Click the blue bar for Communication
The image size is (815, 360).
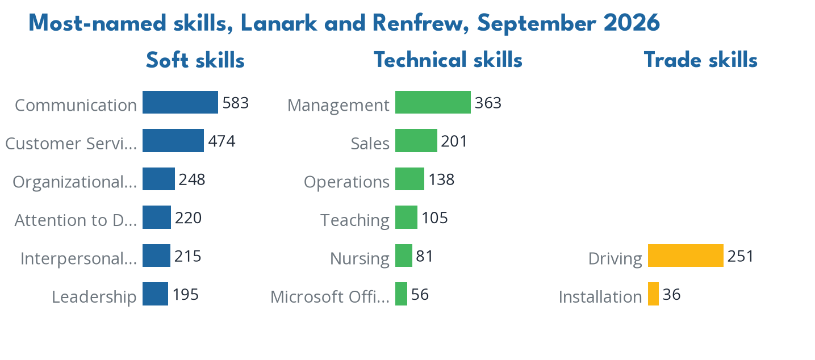coord(180,102)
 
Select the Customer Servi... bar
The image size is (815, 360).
coord(173,140)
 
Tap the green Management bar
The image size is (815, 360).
coord(433,102)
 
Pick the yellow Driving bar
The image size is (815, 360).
coord(686,256)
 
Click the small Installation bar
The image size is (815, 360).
coord(654,294)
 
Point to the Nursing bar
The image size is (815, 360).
coord(404,256)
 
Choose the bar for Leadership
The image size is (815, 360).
coord(156,294)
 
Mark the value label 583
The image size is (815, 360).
coord(235,103)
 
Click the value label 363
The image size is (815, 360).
coord(488,103)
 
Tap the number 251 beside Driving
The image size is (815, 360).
coord(741,256)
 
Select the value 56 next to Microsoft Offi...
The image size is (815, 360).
coord(420,295)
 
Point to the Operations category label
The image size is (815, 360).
coord(346,182)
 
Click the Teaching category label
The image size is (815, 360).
coord(355,220)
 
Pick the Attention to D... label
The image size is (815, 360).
coord(76,220)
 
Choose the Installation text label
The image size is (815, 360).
coord(600,297)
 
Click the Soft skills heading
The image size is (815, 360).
coord(195,60)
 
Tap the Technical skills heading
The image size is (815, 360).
coord(448,60)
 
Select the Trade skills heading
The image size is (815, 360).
coord(701,60)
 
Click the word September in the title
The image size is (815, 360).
coord(537,24)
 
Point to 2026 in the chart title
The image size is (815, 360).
coord(632,23)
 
